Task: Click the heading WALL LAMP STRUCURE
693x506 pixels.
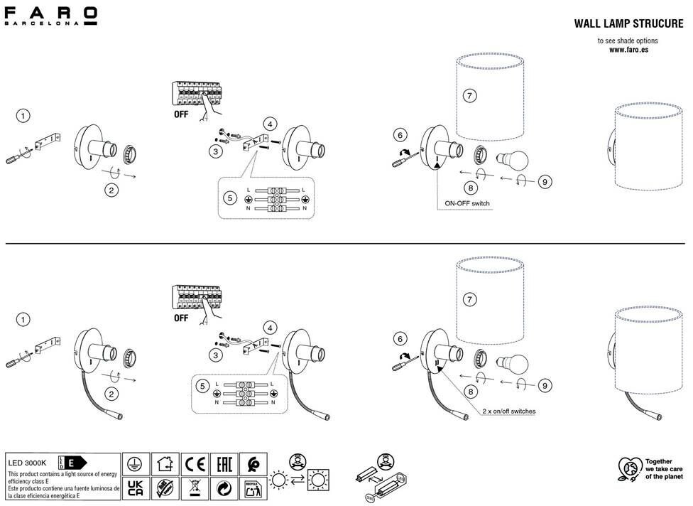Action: pyautogui.click(x=628, y=23)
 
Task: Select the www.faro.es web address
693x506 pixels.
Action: pyautogui.click(x=628, y=50)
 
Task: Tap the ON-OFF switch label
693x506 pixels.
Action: pyautogui.click(x=466, y=203)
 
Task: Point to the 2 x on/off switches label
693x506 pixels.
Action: pyautogui.click(x=509, y=411)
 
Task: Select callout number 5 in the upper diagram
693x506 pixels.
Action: pyautogui.click(x=229, y=198)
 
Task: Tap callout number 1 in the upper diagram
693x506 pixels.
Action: pyautogui.click(x=24, y=116)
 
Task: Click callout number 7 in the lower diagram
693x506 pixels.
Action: pyautogui.click(x=468, y=300)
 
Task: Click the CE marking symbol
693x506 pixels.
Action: pyautogui.click(x=194, y=465)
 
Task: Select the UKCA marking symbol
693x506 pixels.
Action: pyautogui.click(x=134, y=488)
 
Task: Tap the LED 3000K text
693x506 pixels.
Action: pyautogui.click(x=27, y=463)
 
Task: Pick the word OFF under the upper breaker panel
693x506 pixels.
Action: pyautogui.click(x=181, y=114)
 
